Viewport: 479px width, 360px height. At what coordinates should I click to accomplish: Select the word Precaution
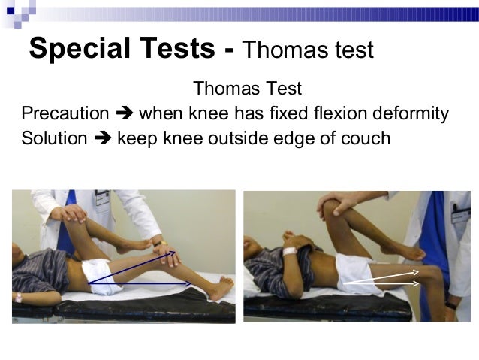(x=65, y=113)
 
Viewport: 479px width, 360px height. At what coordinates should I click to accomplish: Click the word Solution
(x=55, y=138)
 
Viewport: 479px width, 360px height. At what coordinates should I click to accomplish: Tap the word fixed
(x=294, y=113)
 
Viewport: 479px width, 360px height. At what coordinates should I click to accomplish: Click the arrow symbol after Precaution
(x=124, y=114)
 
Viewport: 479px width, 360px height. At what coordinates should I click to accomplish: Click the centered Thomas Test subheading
(x=247, y=89)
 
